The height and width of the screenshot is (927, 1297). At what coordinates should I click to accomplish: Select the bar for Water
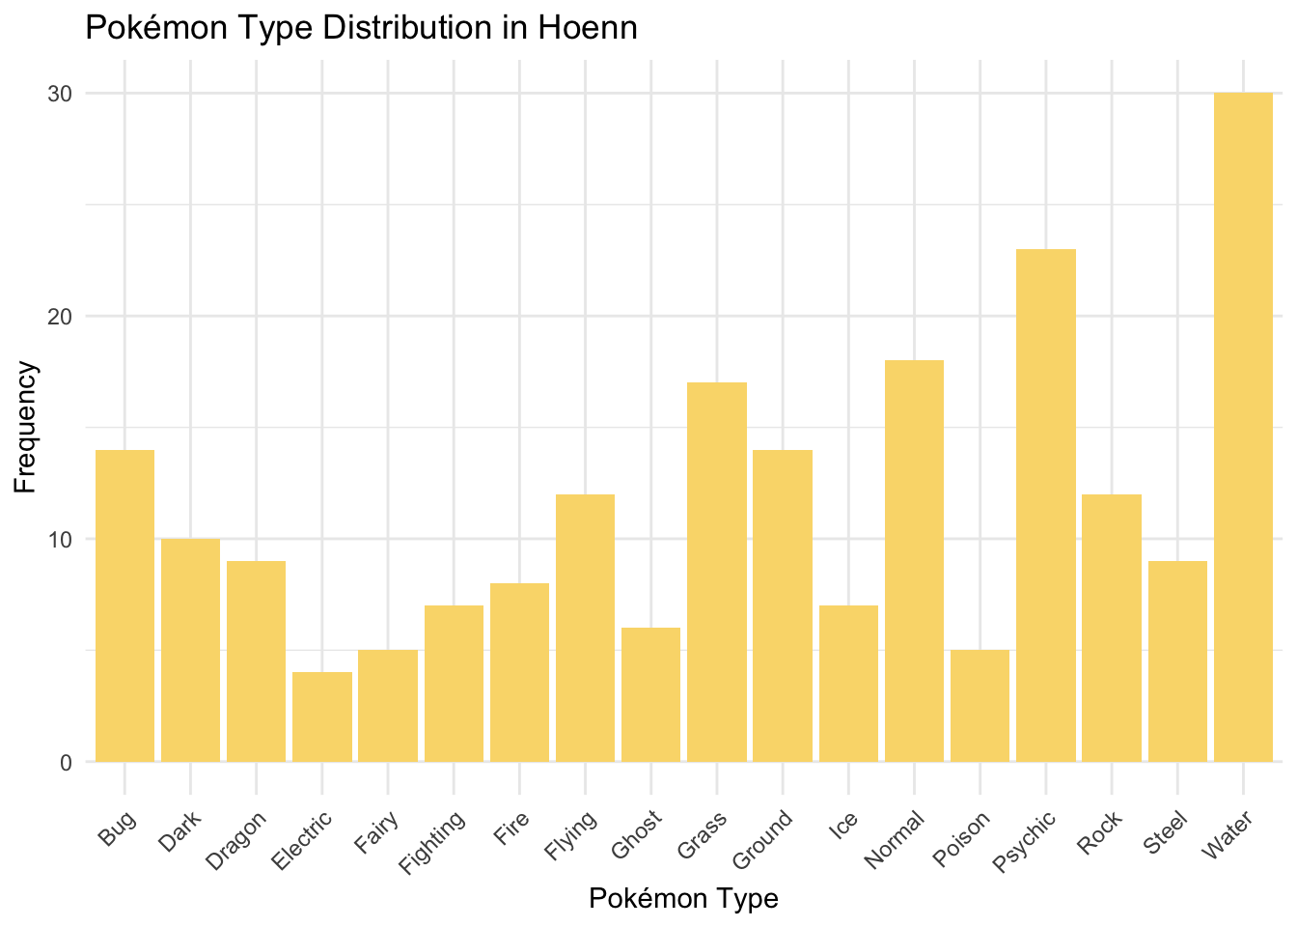click(1243, 427)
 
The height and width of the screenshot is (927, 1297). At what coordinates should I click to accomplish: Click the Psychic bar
click(1046, 505)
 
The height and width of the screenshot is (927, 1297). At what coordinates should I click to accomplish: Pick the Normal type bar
click(914, 561)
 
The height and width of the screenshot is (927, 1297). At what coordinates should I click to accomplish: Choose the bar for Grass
click(717, 572)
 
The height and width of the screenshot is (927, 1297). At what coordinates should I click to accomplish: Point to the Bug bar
click(124, 605)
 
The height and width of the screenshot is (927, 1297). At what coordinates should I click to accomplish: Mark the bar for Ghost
click(651, 694)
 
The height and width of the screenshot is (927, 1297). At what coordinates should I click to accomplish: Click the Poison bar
click(980, 706)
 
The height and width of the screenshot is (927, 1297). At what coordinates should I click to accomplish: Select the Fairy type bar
click(388, 706)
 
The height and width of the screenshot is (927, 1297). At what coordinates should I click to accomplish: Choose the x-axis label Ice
click(842, 826)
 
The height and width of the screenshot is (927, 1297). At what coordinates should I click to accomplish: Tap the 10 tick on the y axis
click(62, 539)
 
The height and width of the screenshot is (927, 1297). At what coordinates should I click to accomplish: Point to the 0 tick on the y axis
click(67, 763)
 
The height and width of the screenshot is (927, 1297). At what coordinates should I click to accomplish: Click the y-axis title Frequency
click(26, 427)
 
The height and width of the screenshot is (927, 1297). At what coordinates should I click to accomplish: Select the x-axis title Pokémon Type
click(683, 899)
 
